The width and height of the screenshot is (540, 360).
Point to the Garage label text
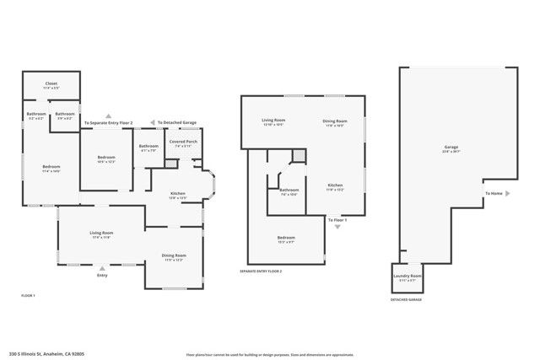pos(451,148)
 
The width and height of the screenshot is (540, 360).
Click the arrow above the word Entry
pos(102,267)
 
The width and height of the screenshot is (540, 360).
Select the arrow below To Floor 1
pos(337,227)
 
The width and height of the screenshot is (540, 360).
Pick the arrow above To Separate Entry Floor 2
pos(107,116)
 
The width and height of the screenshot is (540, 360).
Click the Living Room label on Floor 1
pos(102,234)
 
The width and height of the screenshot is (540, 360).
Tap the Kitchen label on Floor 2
pos(335,185)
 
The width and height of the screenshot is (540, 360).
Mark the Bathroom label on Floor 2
pos(289,190)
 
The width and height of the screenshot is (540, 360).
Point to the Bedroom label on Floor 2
pos(286,238)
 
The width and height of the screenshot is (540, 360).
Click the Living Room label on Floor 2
pos(274,121)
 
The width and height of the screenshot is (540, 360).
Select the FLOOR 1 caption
pos(29,295)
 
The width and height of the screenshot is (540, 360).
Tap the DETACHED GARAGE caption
pos(406,299)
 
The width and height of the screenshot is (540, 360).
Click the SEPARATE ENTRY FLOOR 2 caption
pos(261,271)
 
